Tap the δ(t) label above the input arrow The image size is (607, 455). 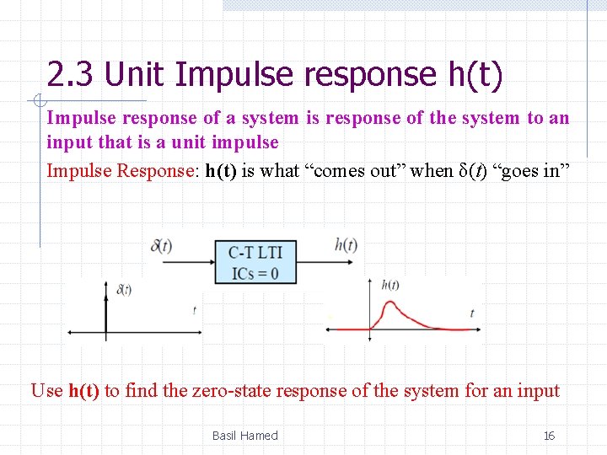tap(161, 246)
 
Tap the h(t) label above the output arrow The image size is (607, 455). tap(346, 245)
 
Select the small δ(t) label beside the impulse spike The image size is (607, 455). tap(123, 290)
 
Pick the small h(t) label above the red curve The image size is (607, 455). tap(390, 285)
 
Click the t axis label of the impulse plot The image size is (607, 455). tap(195, 310)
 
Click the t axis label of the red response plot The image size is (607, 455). tap(472, 313)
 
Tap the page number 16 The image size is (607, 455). tap(549, 436)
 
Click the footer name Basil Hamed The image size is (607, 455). tap(244, 436)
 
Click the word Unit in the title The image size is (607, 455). tap(136, 75)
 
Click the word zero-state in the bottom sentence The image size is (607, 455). tap(236, 391)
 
